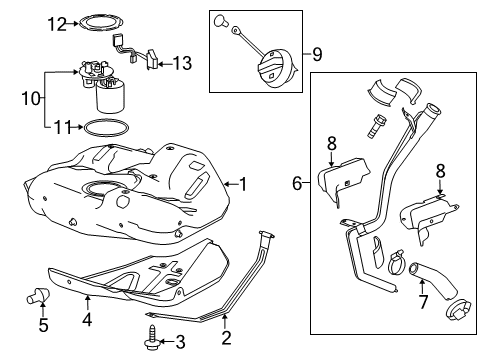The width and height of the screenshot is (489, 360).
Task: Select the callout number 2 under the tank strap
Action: coord(226,338)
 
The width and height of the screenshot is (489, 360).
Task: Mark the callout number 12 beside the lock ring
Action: coord(58,21)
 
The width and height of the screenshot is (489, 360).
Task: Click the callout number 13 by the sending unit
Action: coord(181,63)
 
